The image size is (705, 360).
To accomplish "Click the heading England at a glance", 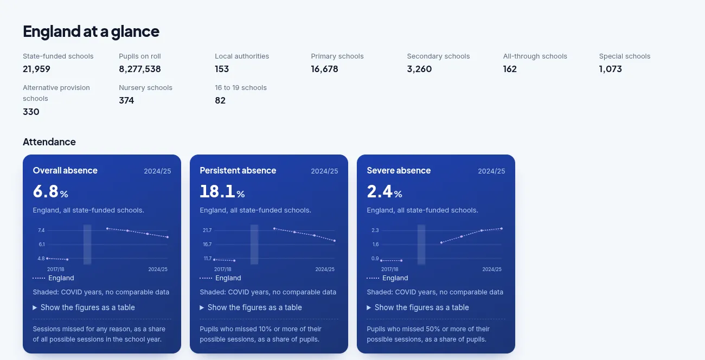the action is (91, 31).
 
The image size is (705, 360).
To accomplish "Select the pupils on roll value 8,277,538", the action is (140, 69).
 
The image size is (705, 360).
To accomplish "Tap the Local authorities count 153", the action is (222, 69).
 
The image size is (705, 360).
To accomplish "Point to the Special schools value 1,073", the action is (610, 69).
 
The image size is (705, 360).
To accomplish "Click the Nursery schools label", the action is (145, 87).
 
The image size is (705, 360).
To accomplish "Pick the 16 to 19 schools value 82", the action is (220, 100).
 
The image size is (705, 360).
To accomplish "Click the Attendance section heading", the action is (49, 142).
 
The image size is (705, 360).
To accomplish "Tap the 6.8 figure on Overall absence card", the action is (46, 191).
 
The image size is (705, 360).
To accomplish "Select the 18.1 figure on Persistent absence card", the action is (217, 191).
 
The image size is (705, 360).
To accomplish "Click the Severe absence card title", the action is (399, 170).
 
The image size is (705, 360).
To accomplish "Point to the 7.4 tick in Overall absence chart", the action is (41, 230).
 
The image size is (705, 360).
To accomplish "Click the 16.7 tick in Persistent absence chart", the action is (207, 244).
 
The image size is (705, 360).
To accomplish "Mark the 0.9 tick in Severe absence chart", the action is (375, 259).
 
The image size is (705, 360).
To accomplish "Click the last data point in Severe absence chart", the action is (502, 229).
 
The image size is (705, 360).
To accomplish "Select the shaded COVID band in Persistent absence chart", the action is (254, 245).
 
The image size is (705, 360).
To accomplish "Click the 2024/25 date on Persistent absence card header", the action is (324, 171).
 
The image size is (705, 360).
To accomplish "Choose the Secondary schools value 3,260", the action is (419, 69).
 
